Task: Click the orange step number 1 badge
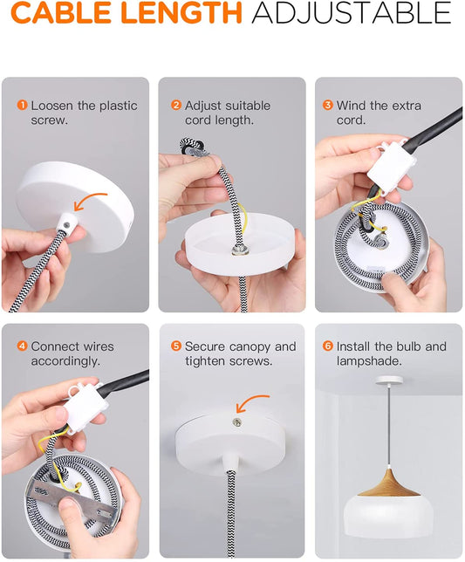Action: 22,106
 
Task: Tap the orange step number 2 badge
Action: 176,106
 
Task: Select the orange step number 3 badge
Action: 327,106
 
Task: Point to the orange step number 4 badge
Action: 22,346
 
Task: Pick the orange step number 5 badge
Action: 176,346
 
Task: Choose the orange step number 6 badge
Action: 327,346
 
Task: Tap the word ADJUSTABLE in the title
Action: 351,13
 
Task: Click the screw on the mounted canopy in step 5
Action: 236,422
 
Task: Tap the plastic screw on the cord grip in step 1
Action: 66,225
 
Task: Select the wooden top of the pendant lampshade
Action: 389,483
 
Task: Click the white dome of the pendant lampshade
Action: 389,516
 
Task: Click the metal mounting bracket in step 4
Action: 69,500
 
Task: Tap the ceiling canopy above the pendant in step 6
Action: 389,380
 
